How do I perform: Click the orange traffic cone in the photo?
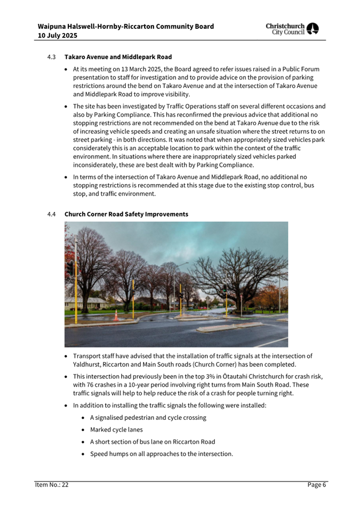pyautogui.click(x=116, y=316)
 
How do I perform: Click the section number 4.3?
pyautogui.click(x=51, y=57)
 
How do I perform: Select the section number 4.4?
pyautogui.click(x=51, y=214)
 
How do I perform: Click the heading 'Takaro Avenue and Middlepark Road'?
pyautogui.click(x=118, y=57)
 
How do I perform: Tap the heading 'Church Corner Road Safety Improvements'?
pyautogui.click(x=126, y=214)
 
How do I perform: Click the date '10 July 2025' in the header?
pyautogui.click(x=58, y=35)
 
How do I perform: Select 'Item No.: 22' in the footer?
pyautogui.click(x=52, y=484)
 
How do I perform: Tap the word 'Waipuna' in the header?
pyautogui.click(x=54, y=26)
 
